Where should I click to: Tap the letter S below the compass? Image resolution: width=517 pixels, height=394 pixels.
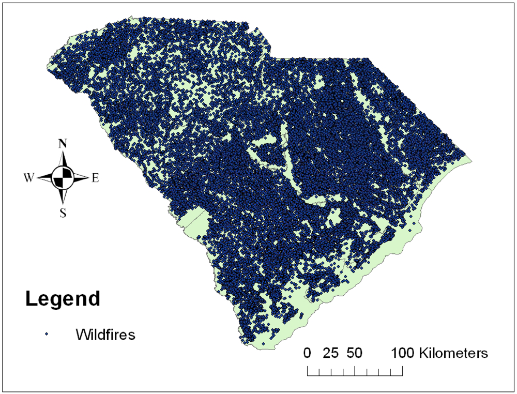[63, 212]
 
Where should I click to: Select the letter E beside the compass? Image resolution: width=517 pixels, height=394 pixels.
[95, 178]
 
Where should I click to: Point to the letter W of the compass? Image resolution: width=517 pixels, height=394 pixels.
[29, 178]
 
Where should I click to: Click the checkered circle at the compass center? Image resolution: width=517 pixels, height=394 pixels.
[63, 178]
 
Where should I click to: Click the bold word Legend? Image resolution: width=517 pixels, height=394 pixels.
[63, 298]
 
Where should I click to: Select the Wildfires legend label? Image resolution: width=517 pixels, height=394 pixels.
[105, 335]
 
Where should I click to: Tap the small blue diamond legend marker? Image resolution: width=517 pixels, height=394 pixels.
[47, 335]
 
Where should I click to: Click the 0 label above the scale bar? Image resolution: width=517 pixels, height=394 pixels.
[308, 354]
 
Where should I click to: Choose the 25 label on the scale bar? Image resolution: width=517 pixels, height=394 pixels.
[331, 354]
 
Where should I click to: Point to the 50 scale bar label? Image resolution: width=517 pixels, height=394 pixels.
[354, 354]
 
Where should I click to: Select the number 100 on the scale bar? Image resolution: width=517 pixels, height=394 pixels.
[402, 354]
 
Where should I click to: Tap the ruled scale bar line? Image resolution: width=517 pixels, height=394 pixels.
[355, 371]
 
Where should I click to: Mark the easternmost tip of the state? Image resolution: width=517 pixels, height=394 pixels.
[472, 157]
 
